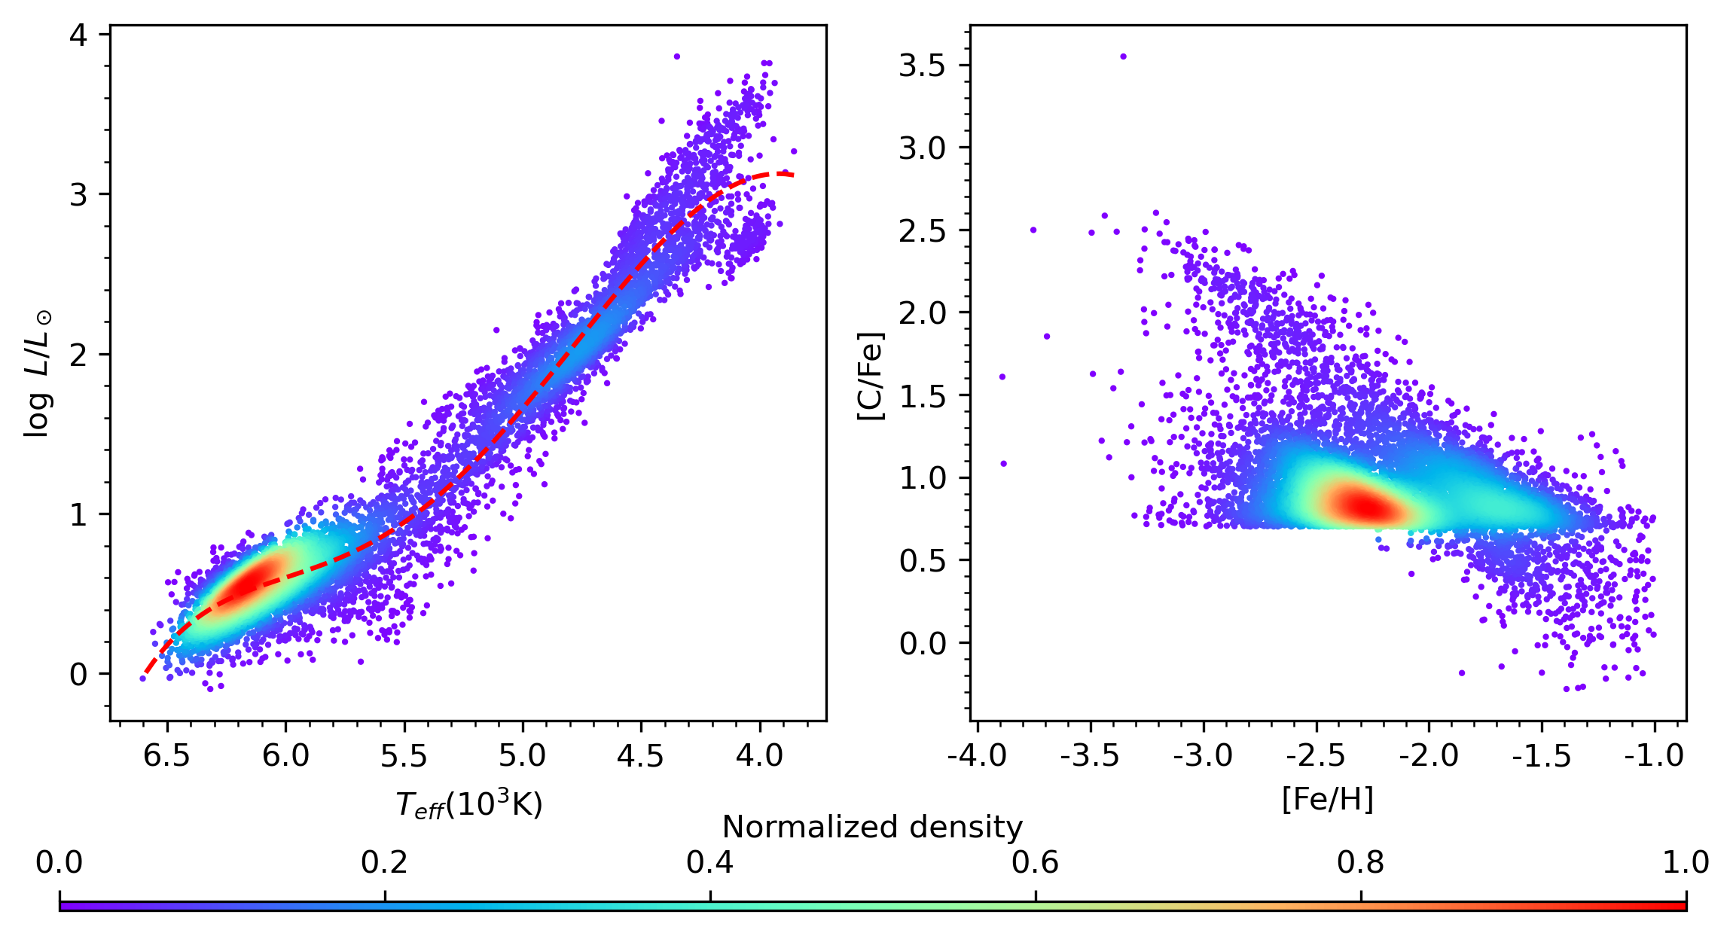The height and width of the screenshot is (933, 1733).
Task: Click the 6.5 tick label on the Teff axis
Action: click(166, 755)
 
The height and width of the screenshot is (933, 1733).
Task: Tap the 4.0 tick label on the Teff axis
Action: click(759, 755)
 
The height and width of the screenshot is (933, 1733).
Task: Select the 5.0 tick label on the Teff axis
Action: click(522, 755)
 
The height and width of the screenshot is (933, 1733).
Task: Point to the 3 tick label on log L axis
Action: click(78, 195)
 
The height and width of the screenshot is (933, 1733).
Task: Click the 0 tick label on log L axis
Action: click(78, 675)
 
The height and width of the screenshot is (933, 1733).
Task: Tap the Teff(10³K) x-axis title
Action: click(468, 805)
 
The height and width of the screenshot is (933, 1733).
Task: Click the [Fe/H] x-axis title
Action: click(1327, 799)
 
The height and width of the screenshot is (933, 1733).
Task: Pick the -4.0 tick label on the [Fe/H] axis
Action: click(977, 755)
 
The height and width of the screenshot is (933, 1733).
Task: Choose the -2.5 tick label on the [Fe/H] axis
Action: click(1316, 755)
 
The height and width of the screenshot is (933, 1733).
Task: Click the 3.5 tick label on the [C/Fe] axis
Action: click(922, 66)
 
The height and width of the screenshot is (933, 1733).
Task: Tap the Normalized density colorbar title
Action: click(872, 828)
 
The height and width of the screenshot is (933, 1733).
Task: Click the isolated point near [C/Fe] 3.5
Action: click(1123, 56)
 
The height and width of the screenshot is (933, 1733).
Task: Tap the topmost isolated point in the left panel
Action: click(676, 56)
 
